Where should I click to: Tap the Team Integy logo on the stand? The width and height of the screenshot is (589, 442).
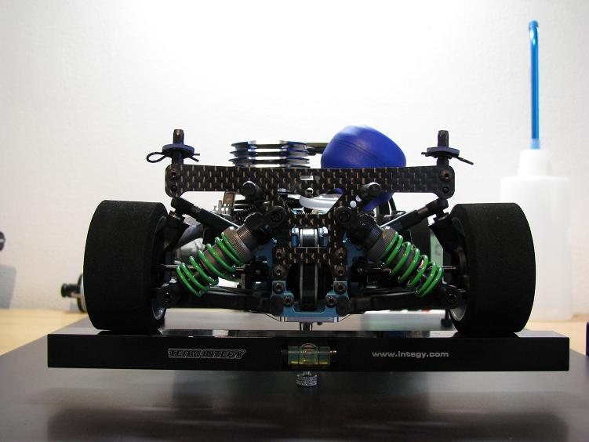pyautogui.click(x=206, y=353)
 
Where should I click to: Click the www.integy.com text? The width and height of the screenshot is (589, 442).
pyautogui.click(x=410, y=353)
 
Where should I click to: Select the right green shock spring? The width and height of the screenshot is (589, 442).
pyautogui.click(x=412, y=262)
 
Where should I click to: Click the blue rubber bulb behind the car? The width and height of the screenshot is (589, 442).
pyautogui.click(x=362, y=150)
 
